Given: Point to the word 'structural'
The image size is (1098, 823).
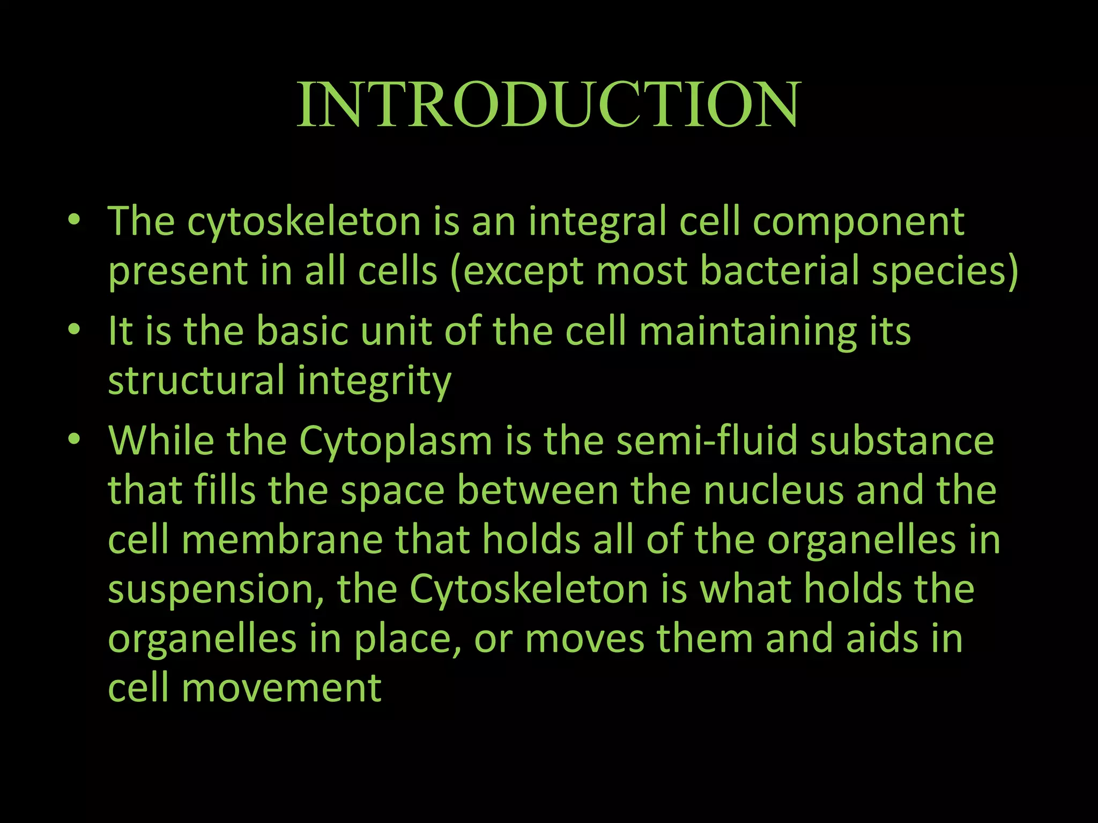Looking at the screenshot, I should (196, 380).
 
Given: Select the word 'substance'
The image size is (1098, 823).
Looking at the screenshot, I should (902, 440).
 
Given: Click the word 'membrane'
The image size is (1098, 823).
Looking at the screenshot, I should (282, 540).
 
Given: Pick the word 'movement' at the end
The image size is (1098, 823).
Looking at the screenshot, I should (281, 689).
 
